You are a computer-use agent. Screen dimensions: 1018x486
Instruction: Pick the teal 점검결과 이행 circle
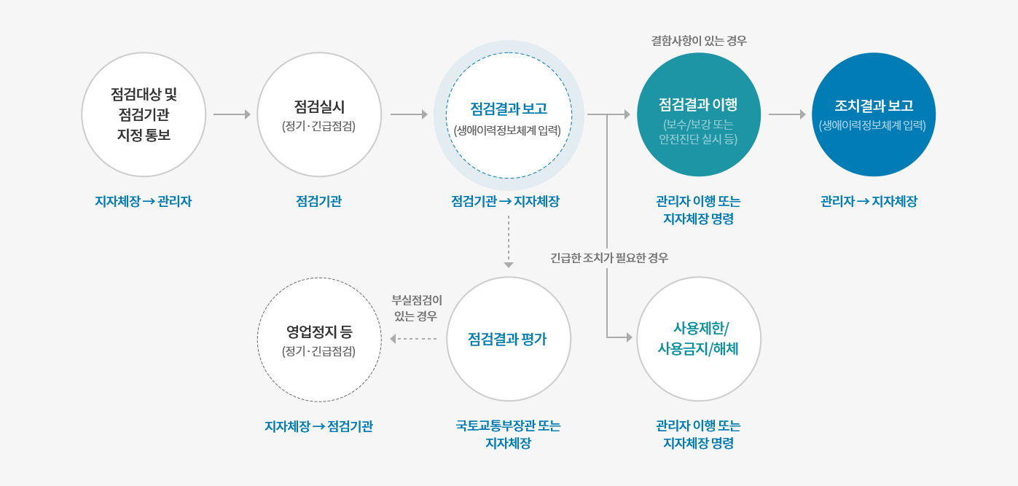[x=699, y=114]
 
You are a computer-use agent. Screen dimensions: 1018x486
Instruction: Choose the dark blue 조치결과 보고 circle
[x=874, y=114]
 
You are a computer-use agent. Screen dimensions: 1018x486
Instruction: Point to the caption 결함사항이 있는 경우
[x=699, y=41]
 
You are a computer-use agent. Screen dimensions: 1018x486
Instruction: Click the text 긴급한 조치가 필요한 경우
[x=609, y=258]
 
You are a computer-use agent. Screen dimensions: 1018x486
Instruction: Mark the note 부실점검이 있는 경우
[x=416, y=307]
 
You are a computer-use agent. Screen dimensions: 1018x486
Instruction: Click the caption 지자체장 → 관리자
[x=143, y=201]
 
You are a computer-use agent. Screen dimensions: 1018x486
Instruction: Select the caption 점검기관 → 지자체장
[x=505, y=201]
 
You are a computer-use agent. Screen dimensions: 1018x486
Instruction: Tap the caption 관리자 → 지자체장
[x=869, y=201]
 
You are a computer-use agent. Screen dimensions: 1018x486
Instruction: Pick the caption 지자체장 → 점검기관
[x=318, y=426]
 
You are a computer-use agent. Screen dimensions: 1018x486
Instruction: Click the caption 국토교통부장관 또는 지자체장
[x=508, y=434]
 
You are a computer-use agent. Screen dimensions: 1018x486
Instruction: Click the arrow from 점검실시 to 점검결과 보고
[x=409, y=114]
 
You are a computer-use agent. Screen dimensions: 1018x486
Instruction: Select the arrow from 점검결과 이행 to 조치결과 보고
[x=787, y=114]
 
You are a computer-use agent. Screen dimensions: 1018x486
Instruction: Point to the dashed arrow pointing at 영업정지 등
[x=413, y=339]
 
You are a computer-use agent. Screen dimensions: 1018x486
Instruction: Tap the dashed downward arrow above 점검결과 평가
[x=509, y=242]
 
